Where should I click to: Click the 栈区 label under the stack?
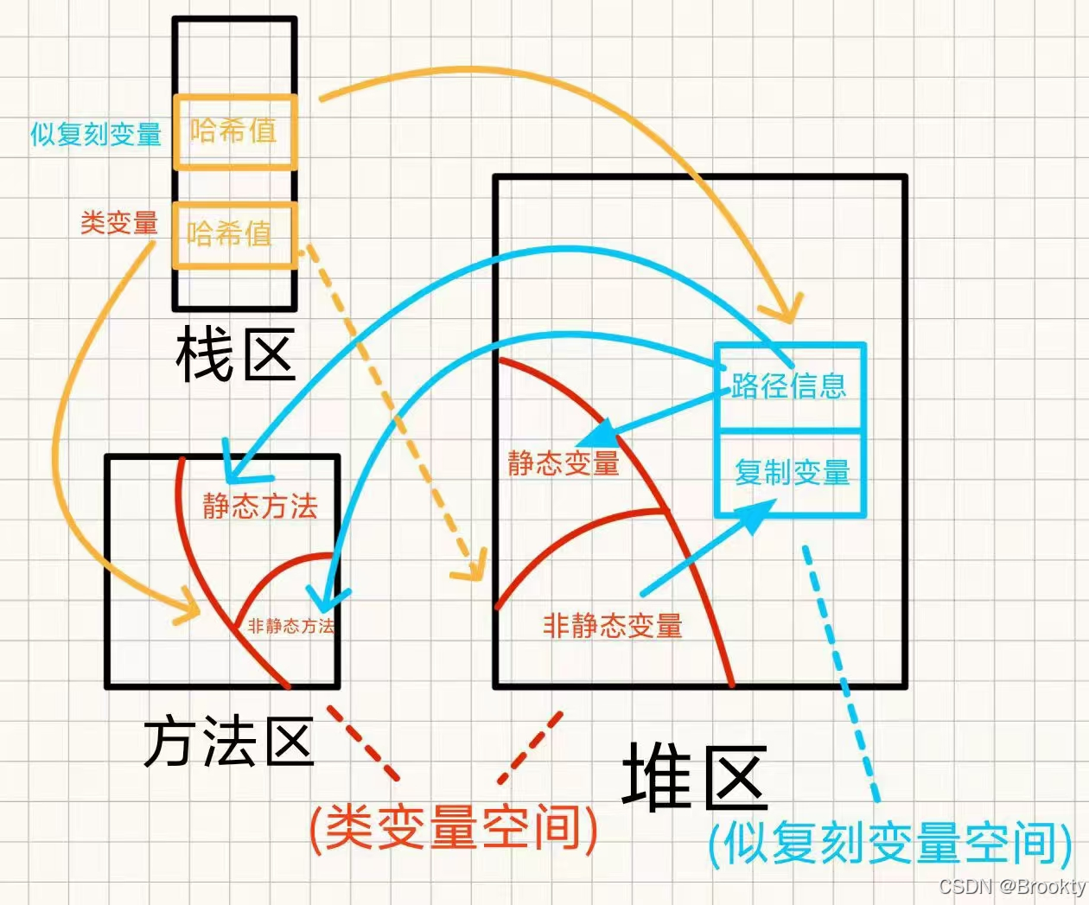pos(235,354)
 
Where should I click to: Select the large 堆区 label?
pos(694,777)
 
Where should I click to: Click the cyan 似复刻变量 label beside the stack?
pos(96,135)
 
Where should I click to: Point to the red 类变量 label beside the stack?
pos(119,222)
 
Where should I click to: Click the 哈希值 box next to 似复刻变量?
pos(234,131)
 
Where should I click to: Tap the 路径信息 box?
pos(789,386)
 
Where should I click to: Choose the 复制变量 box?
pos(791,473)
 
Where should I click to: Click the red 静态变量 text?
pos(564,463)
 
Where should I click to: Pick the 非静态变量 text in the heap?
pos(613,625)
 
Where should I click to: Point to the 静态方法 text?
pos(260,506)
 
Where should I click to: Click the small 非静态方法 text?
pos(290,626)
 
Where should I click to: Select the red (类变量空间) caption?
pos(454,827)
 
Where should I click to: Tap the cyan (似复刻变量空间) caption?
pos(890,843)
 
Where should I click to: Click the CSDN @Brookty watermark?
pos(1012,887)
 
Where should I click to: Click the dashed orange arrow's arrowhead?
pos(471,566)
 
